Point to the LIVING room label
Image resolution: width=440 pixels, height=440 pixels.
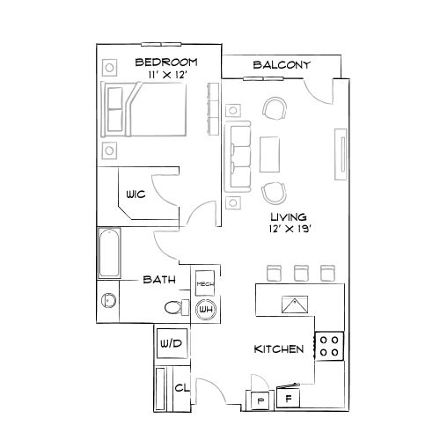tap(288, 216)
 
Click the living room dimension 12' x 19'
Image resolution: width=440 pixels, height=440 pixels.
tap(288, 230)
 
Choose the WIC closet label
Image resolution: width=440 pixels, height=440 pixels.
tap(135, 194)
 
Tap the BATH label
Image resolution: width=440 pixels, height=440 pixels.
tap(159, 280)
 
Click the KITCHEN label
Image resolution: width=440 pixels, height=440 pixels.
tap(279, 349)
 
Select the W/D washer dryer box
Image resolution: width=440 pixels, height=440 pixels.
tap(171, 343)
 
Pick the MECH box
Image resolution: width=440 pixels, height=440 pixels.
tap(205, 282)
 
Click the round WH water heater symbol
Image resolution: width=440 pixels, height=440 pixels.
tap(206, 309)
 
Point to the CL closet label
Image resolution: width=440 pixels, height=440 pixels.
tap(181, 387)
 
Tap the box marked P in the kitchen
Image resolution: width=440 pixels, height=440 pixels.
tap(260, 400)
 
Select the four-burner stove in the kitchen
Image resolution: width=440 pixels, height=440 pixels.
tap(330, 345)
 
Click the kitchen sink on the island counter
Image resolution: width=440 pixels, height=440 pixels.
tap(293, 304)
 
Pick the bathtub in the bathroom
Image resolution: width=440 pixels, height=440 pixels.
tap(109, 253)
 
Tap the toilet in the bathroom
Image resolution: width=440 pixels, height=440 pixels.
tap(174, 307)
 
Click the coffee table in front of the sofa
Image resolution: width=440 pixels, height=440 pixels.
tap(270, 155)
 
